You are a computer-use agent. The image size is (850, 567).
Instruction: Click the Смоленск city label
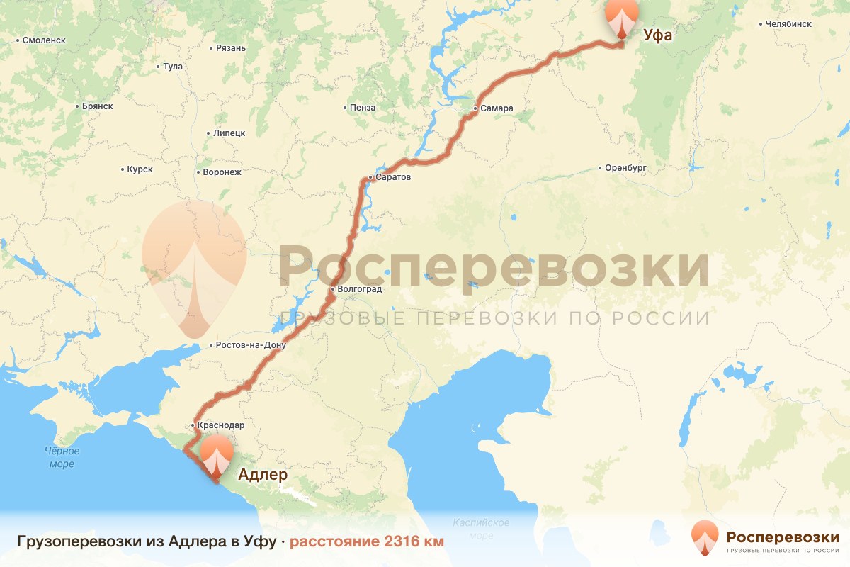[x=44, y=40]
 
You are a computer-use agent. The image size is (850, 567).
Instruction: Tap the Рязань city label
[x=230, y=48]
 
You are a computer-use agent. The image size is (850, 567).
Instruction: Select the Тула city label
[x=172, y=67]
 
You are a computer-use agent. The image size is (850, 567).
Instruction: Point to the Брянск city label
[x=96, y=106]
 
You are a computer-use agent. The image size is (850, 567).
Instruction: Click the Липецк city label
[x=229, y=133]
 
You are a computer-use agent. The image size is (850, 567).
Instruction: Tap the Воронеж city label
[x=222, y=172]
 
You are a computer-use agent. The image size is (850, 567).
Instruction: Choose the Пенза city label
[x=362, y=108]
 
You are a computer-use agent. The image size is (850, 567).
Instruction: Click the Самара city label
[x=496, y=108]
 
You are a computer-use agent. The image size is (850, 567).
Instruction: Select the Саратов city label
[x=392, y=177]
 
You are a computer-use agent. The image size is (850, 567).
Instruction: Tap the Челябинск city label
[x=788, y=24]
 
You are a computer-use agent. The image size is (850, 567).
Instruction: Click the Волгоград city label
[x=359, y=289]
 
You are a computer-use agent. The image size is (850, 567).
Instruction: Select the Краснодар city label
[x=220, y=425]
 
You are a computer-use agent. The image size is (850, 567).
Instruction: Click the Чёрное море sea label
[x=62, y=457]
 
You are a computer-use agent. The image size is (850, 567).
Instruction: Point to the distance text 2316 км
[x=367, y=542]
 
